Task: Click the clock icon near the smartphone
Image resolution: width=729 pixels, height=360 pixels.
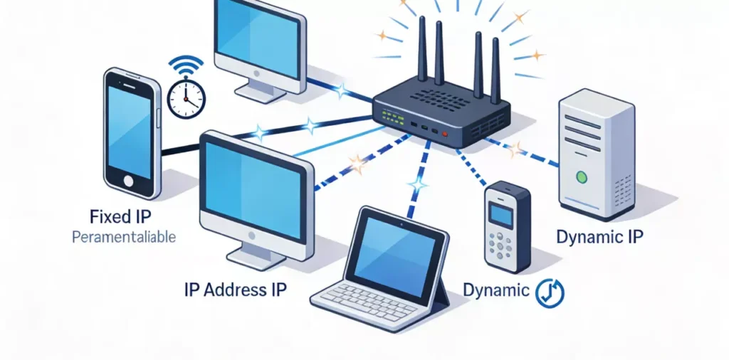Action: [x=186, y=98]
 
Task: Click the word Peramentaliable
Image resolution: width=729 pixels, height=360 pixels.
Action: [x=123, y=238]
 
